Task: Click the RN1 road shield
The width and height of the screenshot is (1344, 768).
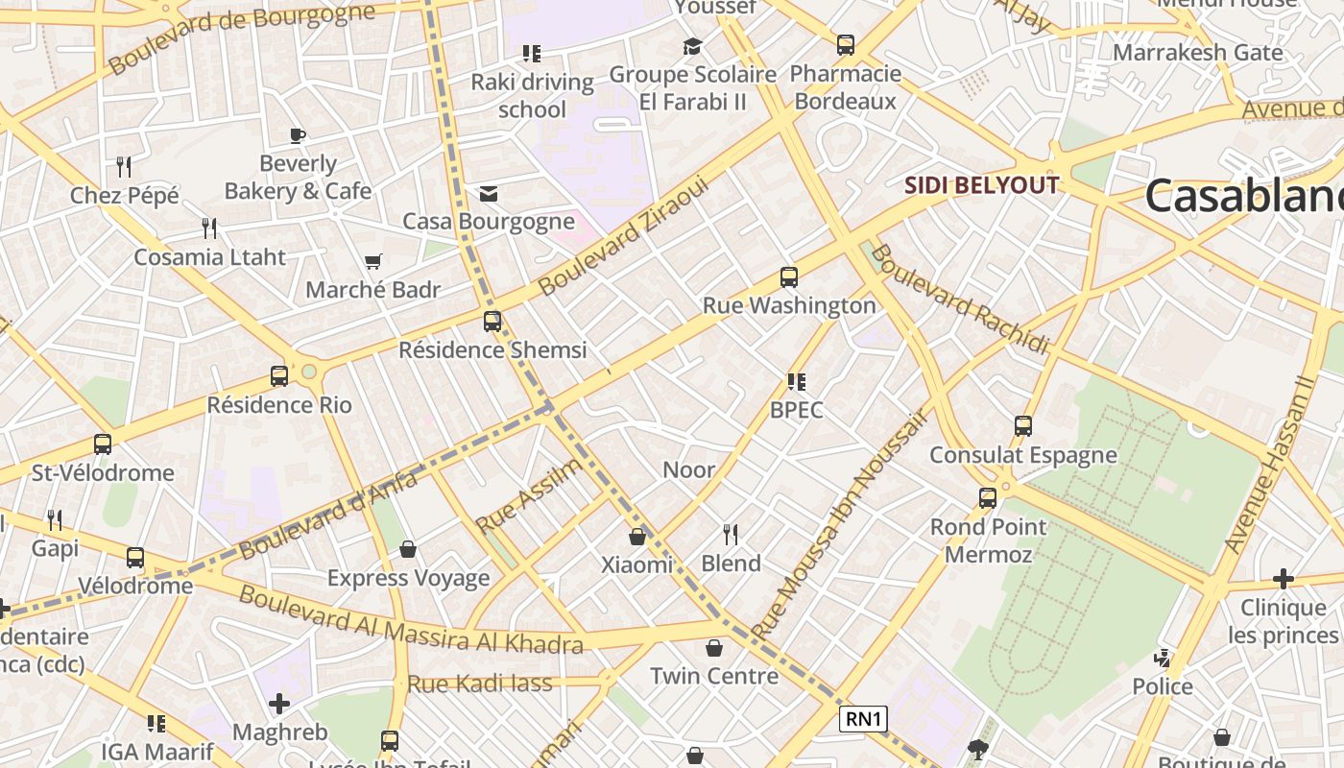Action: click(x=863, y=719)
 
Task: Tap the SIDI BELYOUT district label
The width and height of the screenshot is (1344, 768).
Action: click(x=984, y=185)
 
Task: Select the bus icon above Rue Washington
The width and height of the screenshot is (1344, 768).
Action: click(x=789, y=277)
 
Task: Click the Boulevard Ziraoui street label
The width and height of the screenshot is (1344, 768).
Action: click(x=623, y=236)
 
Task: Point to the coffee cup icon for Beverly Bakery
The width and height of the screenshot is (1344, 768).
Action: click(x=298, y=135)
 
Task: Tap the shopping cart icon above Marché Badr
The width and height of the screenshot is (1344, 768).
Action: click(x=373, y=261)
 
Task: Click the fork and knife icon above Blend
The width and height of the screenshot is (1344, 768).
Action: click(x=731, y=535)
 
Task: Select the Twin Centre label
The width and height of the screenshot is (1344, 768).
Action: click(x=714, y=676)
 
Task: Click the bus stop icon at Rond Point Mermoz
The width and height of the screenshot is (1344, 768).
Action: click(x=988, y=498)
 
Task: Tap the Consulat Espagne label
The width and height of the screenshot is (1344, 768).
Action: click(x=1023, y=454)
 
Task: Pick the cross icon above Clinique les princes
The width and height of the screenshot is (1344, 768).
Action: click(x=1283, y=579)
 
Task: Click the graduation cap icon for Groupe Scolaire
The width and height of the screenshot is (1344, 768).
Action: click(x=692, y=46)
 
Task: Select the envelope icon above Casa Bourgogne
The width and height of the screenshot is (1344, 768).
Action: click(x=489, y=195)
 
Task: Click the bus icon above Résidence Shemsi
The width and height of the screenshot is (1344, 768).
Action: click(x=492, y=322)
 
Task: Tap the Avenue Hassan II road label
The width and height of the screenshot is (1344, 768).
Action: click(x=1270, y=464)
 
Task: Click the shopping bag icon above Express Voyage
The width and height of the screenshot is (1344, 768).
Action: click(x=408, y=549)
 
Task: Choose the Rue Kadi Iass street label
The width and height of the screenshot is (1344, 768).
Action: click(x=480, y=684)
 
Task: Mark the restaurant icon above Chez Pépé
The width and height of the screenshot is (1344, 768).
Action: click(x=124, y=167)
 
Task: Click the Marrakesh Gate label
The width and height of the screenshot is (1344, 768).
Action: click(x=1197, y=52)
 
